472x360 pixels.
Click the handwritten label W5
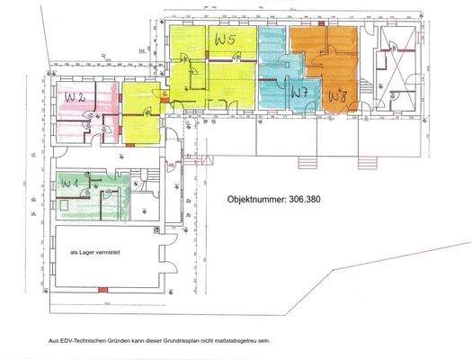(224, 40)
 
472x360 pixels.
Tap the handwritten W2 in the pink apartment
(74, 96)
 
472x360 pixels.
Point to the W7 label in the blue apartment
(299, 92)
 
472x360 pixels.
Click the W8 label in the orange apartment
(337, 94)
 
